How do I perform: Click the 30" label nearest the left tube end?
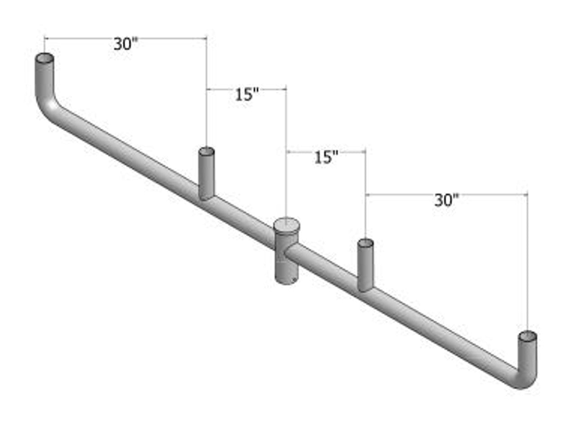125,44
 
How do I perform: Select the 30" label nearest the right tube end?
446,200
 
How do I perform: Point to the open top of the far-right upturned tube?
527,336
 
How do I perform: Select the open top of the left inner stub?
207,151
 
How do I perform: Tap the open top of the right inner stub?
365,243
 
